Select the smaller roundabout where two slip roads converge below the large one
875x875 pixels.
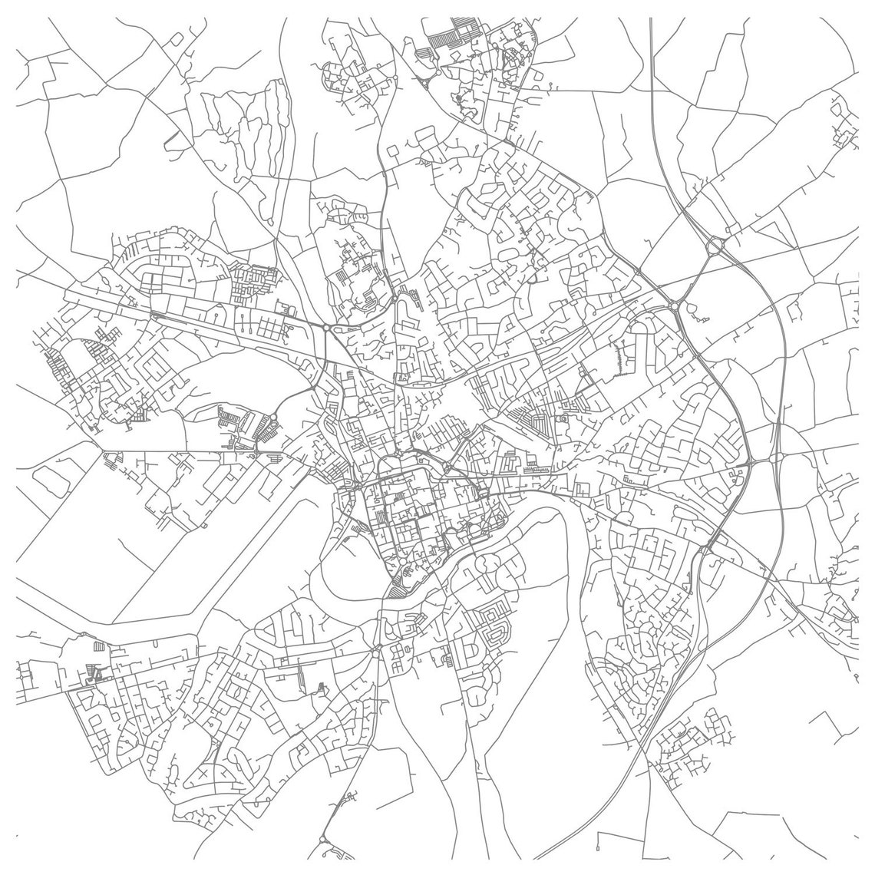pyautogui.click(x=675, y=305)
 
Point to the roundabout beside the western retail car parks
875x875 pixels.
pyautogui.click(x=273, y=418)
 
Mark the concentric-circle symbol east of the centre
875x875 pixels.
pyautogui.click(x=565, y=419)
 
